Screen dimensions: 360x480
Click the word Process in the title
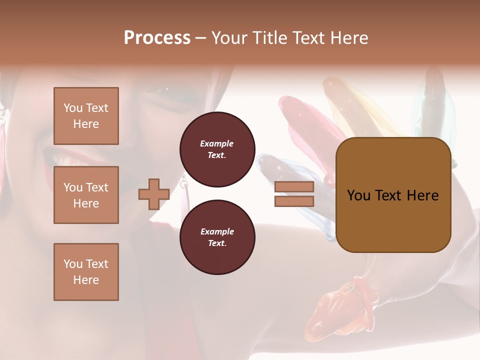pos(157,38)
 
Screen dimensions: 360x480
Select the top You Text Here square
pos(86,116)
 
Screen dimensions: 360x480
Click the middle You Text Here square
pos(86,195)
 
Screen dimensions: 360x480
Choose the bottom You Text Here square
pos(86,271)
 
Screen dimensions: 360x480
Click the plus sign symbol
pos(154,194)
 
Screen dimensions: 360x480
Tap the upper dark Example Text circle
pos(217,149)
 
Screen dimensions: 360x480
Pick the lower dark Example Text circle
pos(217,237)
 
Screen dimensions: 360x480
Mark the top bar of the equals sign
pos(294,187)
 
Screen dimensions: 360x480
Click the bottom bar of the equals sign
pos(294,201)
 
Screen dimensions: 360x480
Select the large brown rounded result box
pos(393,195)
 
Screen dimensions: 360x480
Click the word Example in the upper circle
pos(217,143)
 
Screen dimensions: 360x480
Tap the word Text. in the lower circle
pos(217,243)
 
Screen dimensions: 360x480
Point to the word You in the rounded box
pos(358,195)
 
